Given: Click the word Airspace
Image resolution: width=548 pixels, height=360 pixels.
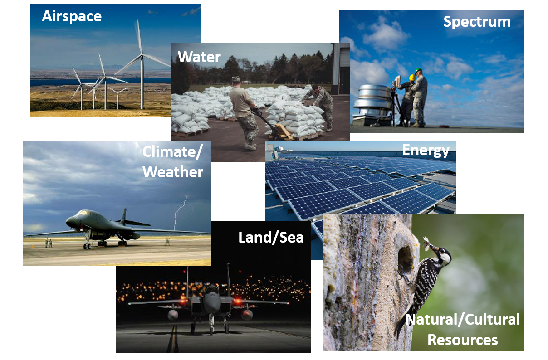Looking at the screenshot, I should tap(72, 16).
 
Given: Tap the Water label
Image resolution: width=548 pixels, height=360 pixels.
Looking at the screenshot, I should tap(199, 57).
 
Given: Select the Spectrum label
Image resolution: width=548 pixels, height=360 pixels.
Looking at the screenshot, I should tap(477, 22).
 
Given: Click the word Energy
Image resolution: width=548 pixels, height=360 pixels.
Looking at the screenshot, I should tap(426, 150).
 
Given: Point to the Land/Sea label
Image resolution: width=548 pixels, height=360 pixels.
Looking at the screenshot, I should tap(271, 237).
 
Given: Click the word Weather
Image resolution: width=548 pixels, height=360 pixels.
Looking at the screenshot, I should tap(173, 172).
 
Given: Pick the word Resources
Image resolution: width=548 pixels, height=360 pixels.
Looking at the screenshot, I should tap(463, 340).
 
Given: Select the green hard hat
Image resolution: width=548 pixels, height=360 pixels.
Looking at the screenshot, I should tap(418, 71).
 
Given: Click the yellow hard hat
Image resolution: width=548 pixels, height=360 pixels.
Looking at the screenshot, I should tap(412, 78).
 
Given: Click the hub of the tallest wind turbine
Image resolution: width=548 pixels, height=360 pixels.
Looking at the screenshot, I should tap(142, 56).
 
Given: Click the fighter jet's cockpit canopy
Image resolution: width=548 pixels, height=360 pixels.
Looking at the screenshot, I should tap(211, 289).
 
